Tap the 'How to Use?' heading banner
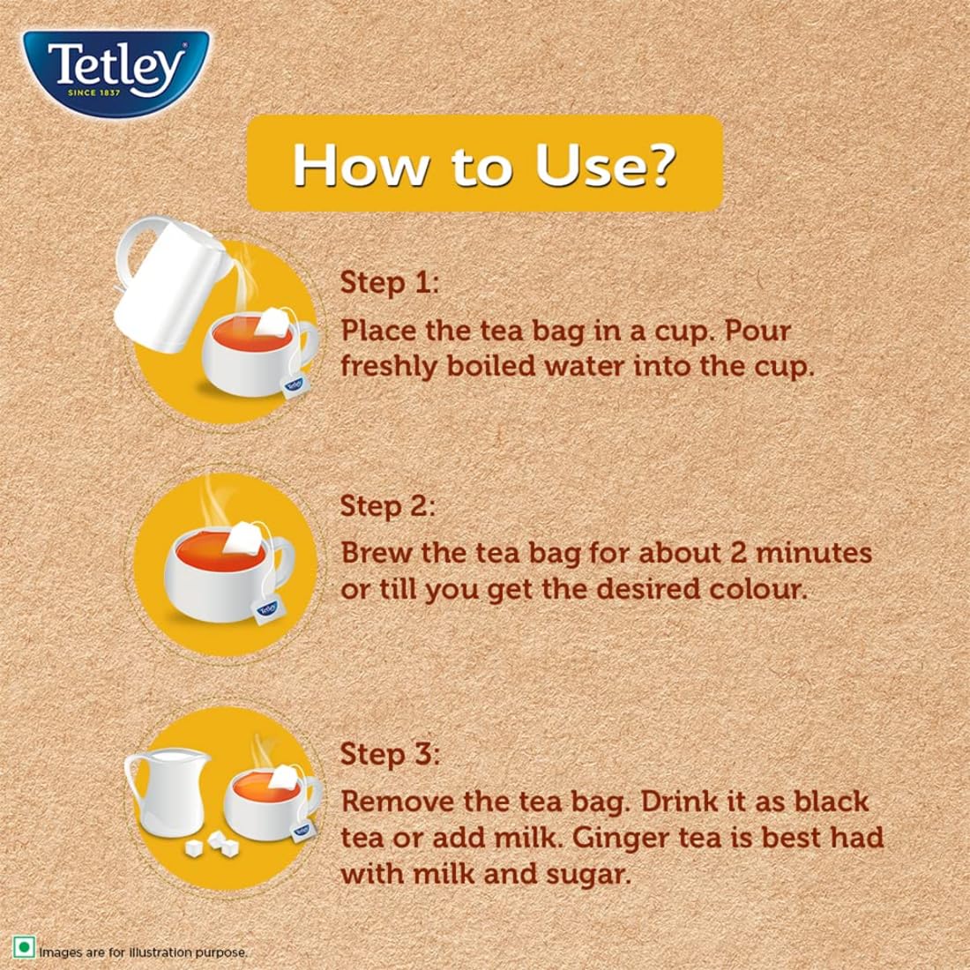[484, 164]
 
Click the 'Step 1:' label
[389, 283]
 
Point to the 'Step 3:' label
[389, 755]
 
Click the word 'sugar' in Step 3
[590, 874]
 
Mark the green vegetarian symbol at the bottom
[24, 949]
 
